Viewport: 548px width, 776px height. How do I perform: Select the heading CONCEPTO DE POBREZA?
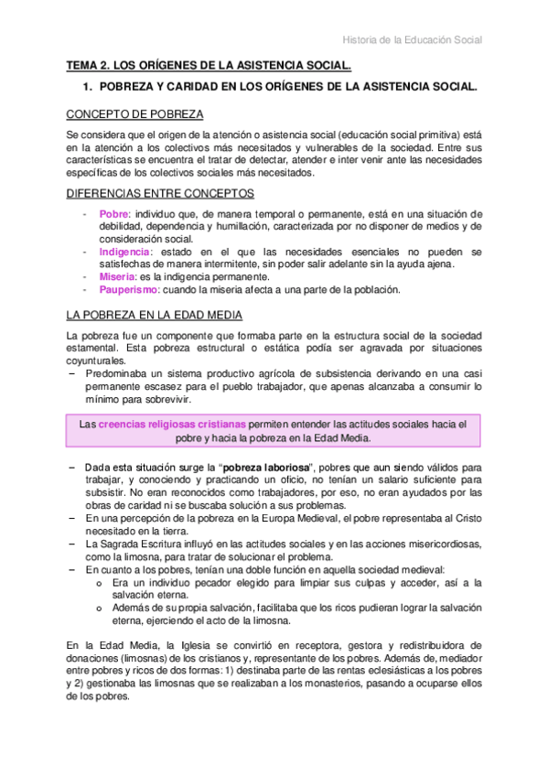(135, 114)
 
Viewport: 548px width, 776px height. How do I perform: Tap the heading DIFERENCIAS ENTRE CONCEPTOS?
(161, 193)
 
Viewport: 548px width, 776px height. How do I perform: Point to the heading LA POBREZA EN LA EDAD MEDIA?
(159, 314)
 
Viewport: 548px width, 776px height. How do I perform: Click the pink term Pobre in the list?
(114, 213)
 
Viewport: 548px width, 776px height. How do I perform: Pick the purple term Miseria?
(118, 276)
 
